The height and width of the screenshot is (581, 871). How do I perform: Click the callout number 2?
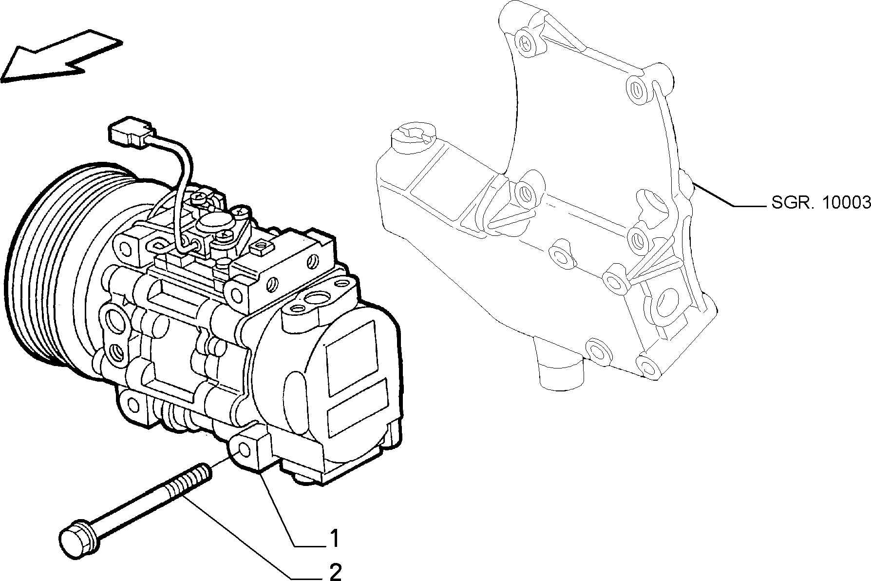pyautogui.click(x=335, y=572)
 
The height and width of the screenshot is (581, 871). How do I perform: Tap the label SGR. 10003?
pyautogui.click(x=821, y=202)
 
